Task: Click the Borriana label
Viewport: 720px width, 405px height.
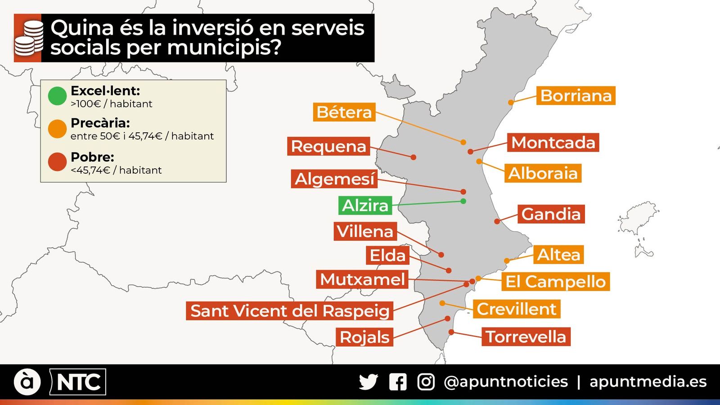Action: tap(576, 95)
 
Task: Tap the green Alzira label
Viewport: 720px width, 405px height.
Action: tap(365, 205)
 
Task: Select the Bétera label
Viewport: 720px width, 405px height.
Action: tap(344, 112)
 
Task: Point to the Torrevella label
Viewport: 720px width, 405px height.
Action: tap(526, 337)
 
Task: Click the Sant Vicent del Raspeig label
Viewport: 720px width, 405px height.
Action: tap(289, 311)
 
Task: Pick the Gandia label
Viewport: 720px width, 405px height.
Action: tap(551, 214)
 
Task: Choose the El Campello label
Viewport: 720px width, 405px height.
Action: tap(555, 282)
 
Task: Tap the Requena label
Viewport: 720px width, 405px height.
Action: tap(328, 146)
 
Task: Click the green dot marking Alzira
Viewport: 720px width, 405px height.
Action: tap(463, 201)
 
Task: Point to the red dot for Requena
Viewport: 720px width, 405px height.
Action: tap(413, 157)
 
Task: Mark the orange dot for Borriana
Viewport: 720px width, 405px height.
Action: tap(511, 103)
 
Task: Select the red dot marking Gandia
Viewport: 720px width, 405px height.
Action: tap(497, 221)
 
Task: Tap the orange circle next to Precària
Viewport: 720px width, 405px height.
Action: tap(57, 129)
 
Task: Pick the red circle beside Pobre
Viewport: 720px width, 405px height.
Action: tap(57, 162)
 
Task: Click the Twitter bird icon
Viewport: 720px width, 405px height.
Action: tap(368, 382)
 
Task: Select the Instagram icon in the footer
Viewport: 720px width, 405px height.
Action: tap(426, 382)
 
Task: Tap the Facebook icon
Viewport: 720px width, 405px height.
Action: tap(398, 382)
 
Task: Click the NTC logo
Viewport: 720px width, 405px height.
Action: tap(78, 382)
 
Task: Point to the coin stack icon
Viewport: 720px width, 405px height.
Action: tap(28, 38)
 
